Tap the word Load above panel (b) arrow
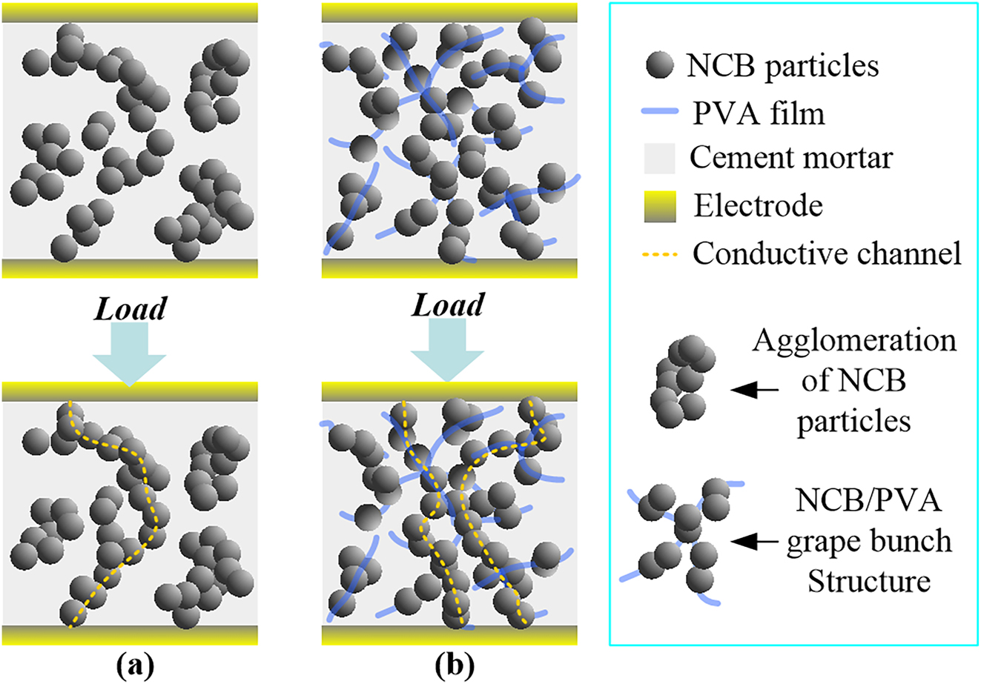coord(449,304)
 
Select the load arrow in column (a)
coord(130,352)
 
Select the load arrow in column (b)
coord(449,348)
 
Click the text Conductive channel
coord(827,253)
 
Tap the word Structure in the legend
coord(868,581)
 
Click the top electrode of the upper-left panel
coord(130,12)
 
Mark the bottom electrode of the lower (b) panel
coord(449,635)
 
